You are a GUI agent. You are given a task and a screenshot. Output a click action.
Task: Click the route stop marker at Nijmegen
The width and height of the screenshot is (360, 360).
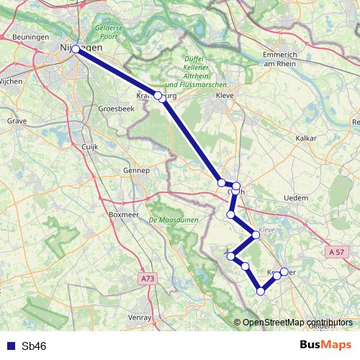point(76,50)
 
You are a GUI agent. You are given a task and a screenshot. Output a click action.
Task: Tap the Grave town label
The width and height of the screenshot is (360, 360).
point(17,122)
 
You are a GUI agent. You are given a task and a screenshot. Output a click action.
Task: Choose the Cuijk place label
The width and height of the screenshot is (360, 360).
point(90,145)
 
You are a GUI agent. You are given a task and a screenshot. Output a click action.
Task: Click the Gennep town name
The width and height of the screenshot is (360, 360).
point(135,171)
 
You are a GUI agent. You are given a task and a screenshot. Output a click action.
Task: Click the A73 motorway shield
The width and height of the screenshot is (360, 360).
point(148,277)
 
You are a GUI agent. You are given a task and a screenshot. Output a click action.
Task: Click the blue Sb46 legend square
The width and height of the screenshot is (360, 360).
point(10,346)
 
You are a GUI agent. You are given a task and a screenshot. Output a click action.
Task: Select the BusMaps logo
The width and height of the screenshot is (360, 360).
point(326,345)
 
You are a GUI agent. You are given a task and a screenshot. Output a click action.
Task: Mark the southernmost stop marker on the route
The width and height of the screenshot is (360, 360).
point(261,292)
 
